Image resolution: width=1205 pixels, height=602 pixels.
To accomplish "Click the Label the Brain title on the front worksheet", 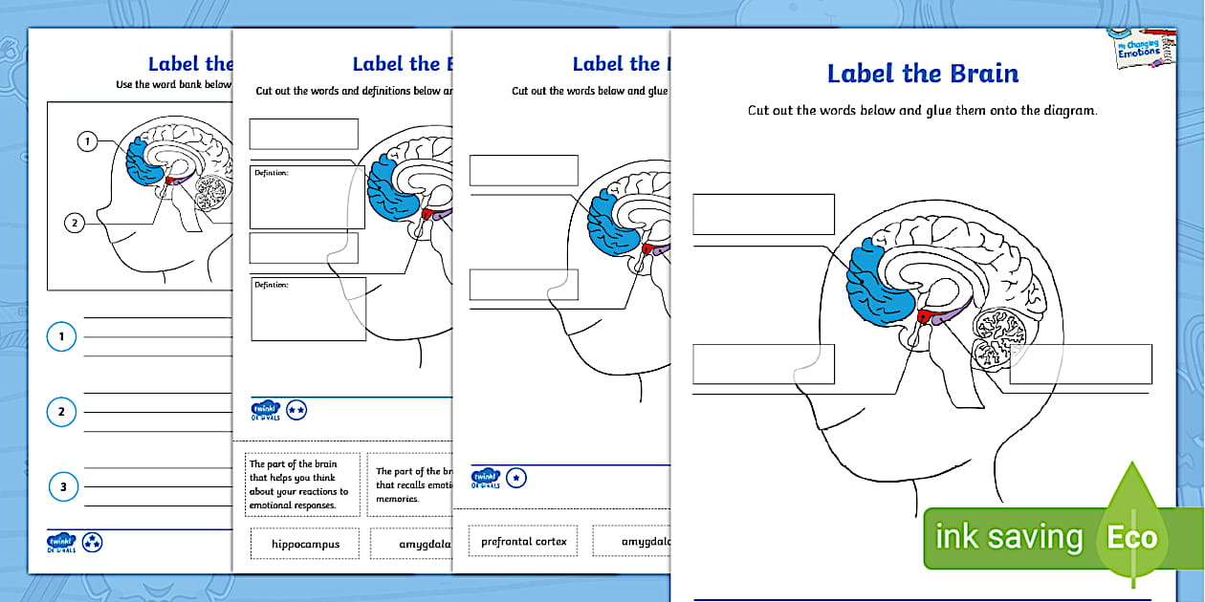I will [922, 74].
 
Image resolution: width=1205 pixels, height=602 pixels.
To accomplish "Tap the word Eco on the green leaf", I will [1131, 537].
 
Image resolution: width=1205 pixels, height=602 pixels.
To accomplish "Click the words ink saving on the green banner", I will [1008, 537].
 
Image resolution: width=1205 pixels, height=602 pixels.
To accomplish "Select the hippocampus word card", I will [304, 544].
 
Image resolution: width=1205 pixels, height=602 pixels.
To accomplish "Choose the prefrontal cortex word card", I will [523, 542].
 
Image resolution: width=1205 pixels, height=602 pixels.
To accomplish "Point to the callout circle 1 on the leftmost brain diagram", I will [87, 142].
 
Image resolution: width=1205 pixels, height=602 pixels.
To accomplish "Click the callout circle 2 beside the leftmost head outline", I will [76, 224].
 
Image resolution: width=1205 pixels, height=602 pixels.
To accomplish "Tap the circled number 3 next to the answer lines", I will [62, 487].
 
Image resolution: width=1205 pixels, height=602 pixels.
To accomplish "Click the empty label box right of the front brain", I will [1080, 364].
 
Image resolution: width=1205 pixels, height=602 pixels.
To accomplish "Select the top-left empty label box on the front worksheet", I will [763, 214].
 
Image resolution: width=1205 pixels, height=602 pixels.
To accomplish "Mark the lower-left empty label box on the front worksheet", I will [763, 364].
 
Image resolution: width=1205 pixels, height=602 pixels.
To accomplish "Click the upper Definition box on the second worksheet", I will [307, 197].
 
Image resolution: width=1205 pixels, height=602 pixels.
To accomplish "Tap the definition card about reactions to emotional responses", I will [303, 484].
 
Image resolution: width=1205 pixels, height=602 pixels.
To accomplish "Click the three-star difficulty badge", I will [93, 543].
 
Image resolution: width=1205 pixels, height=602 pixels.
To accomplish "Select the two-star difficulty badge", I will [296, 410].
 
